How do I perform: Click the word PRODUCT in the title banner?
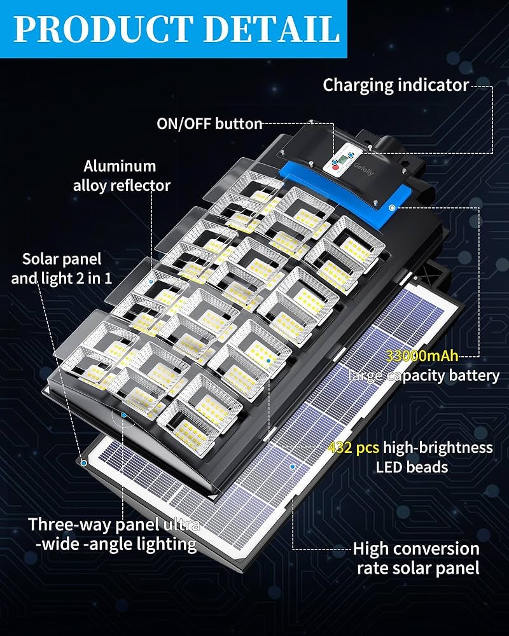[x=102, y=29]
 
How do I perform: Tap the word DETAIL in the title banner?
[x=272, y=29]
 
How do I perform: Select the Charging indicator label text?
[x=396, y=86]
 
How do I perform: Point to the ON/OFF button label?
[x=210, y=124]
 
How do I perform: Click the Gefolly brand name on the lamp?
[x=364, y=169]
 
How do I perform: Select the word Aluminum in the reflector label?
[x=120, y=166]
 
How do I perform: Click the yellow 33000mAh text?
[x=422, y=356]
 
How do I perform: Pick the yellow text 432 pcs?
[x=354, y=447]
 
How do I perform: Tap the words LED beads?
[x=412, y=467]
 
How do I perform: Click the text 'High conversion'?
[x=416, y=549]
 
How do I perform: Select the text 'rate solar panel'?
[x=418, y=568]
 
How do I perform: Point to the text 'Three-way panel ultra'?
[x=114, y=525]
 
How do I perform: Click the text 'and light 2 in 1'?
[x=61, y=279]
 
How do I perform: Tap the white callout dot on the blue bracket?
[x=392, y=208]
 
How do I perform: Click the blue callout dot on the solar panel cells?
[x=292, y=467]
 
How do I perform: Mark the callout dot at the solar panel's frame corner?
[x=83, y=463]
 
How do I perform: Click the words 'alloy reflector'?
[x=122, y=185]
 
